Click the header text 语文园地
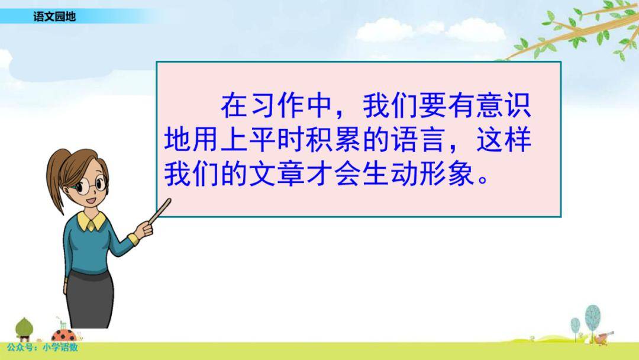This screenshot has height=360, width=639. coord(54,17)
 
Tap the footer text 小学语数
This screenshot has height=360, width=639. coord(60,348)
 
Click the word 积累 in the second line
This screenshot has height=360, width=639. coord(333,140)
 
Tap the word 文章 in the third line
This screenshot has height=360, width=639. coord(277,174)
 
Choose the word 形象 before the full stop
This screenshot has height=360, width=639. coord(447,174)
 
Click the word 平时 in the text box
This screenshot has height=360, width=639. coord(277,140)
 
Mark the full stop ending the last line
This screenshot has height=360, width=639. coord(483,179)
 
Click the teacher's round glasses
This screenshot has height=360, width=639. coord(91,185)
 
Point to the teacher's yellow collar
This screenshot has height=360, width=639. coord(91,221)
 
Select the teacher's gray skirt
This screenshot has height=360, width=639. coord(90,300)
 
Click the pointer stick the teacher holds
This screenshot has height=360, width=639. coord(160,211)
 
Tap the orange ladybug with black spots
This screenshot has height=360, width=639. coord(63,336)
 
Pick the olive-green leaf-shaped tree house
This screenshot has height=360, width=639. coord(24,329)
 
